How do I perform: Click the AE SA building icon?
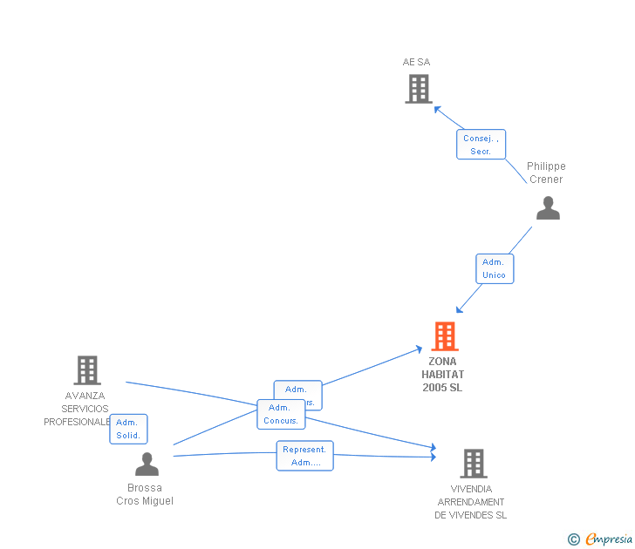pyautogui.click(x=419, y=88)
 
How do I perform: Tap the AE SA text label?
pyautogui.click(x=416, y=62)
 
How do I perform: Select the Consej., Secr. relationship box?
pyautogui.click(x=481, y=145)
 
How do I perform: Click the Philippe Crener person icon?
pyautogui.click(x=548, y=208)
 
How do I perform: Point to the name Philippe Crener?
pyautogui.click(x=546, y=173)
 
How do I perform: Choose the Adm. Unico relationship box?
pyautogui.click(x=494, y=268)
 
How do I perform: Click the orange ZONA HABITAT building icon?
pyautogui.click(x=444, y=336)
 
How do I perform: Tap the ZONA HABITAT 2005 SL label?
pyautogui.click(x=443, y=375)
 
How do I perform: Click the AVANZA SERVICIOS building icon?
pyautogui.click(x=86, y=370)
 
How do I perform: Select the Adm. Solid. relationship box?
pyautogui.click(x=128, y=429)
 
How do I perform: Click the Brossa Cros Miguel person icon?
pyautogui.click(x=147, y=464)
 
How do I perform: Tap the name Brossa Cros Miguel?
pyautogui.click(x=145, y=494)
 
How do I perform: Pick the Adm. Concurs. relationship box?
pyautogui.click(x=281, y=414)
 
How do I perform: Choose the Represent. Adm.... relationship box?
pyautogui.click(x=304, y=456)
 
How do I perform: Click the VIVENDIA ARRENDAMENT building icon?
pyautogui.click(x=473, y=464)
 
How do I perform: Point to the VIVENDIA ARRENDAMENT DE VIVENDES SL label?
pyautogui.click(x=471, y=502)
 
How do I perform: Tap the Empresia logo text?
pyautogui.click(x=609, y=539)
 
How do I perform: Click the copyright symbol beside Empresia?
pyautogui.click(x=574, y=540)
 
